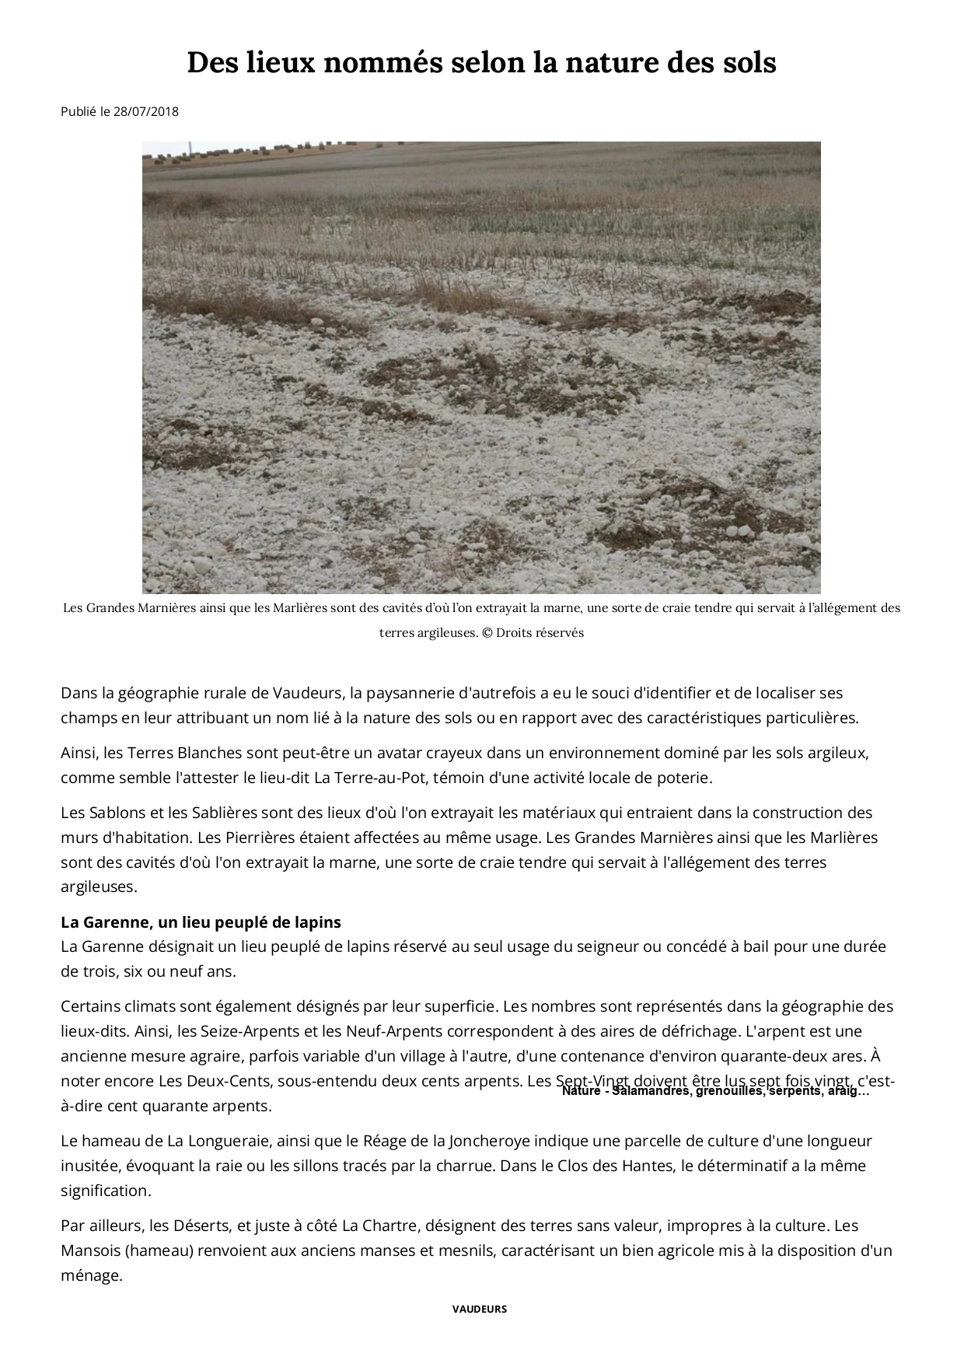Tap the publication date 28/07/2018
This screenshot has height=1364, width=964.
point(145,111)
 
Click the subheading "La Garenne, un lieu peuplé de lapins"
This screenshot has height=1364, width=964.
point(201,922)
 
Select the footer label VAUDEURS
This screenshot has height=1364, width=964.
point(479,1309)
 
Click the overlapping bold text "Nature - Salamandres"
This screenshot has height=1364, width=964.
point(622,1091)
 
